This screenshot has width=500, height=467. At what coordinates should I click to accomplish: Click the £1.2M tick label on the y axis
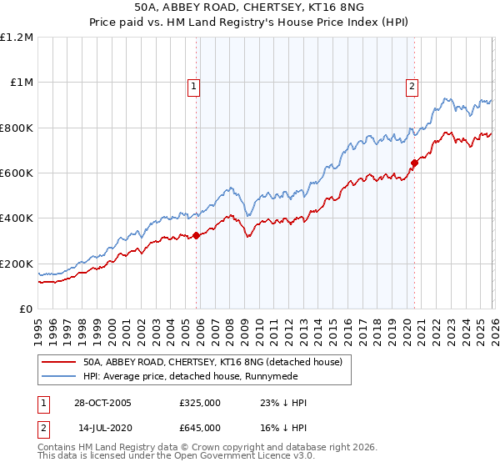coord(17,37)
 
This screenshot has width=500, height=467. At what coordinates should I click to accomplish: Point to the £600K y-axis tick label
coord(17,173)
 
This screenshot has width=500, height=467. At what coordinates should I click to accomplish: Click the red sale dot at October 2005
coord(197,235)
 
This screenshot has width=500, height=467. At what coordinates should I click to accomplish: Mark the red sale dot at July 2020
coord(414,163)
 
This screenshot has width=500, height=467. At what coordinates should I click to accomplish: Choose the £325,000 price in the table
coord(200,403)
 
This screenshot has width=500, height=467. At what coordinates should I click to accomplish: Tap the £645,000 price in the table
coord(200,427)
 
